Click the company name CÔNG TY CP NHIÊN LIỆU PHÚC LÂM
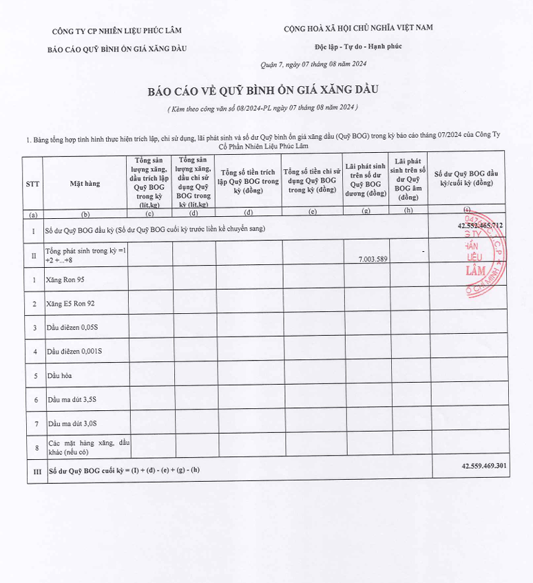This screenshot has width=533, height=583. pos(117,30)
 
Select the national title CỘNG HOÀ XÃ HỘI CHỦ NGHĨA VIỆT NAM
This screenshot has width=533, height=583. pos(358,28)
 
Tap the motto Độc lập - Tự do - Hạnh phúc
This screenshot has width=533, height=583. pos(358,46)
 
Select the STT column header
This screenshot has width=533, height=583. pos(32,184)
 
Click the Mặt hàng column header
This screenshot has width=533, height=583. pos(85,184)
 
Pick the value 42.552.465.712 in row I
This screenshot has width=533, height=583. pos(479,226)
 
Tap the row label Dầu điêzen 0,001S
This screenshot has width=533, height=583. pos(75,352)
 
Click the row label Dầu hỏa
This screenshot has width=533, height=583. pos(60,376)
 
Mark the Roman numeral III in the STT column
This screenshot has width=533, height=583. pos(32,471)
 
